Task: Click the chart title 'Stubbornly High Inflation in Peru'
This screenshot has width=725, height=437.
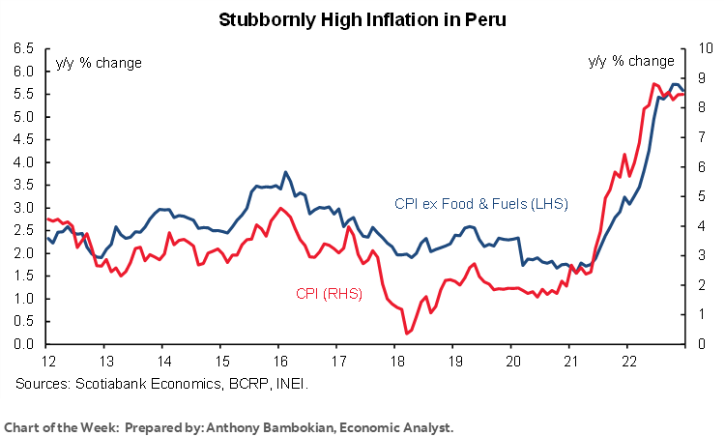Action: coord(362,19)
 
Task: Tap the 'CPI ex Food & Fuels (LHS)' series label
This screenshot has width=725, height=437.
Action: coord(480,204)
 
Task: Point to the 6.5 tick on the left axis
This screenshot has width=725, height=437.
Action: coord(23,48)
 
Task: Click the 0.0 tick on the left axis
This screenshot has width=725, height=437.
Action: coord(23,344)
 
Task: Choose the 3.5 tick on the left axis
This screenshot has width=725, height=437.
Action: coord(23,185)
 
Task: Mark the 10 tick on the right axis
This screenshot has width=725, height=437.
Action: coord(705,48)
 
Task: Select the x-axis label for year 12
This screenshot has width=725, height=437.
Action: coord(45,362)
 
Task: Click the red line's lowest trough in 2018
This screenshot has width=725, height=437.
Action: coord(407,334)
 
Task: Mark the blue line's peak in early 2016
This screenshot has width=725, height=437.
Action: coord(285,172)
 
